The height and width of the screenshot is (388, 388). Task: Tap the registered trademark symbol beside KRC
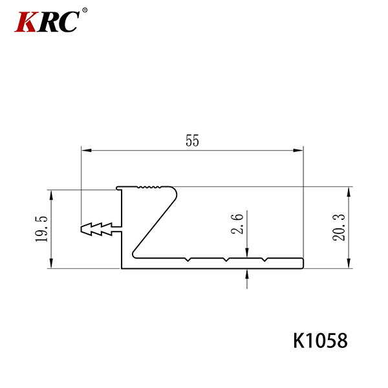pos(85,10)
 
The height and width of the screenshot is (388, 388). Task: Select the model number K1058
pos(320,341)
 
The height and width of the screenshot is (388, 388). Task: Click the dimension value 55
pos(192,140)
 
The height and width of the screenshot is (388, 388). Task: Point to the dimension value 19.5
pos(41,229)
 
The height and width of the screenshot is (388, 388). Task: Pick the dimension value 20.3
pos(338,228)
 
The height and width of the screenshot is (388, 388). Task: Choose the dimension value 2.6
pos(237,224)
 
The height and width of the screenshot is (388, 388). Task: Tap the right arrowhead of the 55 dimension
pos(298,150)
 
